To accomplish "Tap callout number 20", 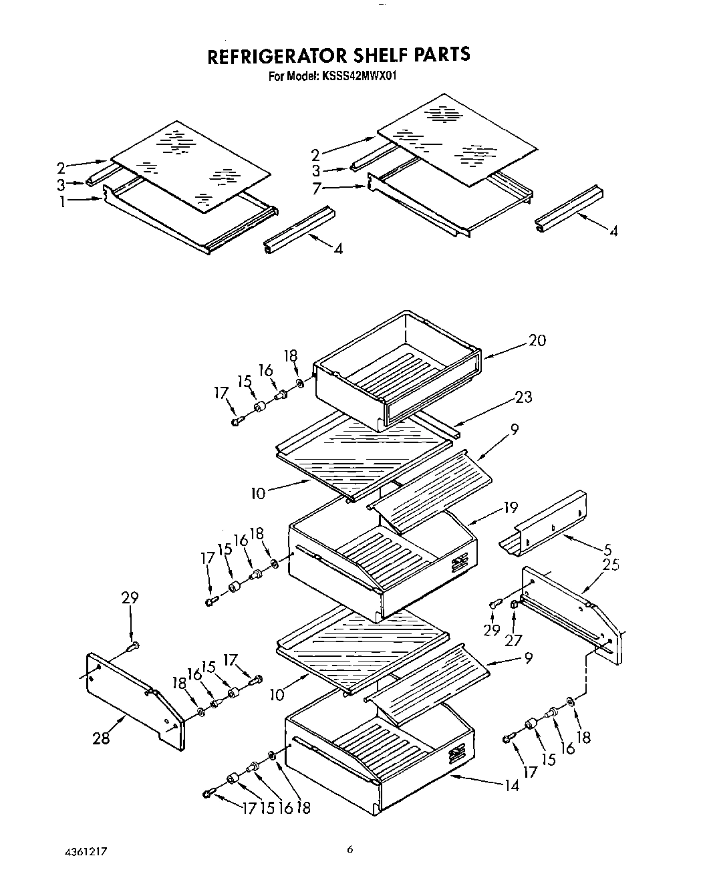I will (537, 340).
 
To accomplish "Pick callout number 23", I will (523, 397).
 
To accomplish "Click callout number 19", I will (511, 508).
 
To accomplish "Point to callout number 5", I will (607, 551).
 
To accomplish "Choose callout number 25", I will (609, 565).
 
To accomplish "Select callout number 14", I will (511, 786).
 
